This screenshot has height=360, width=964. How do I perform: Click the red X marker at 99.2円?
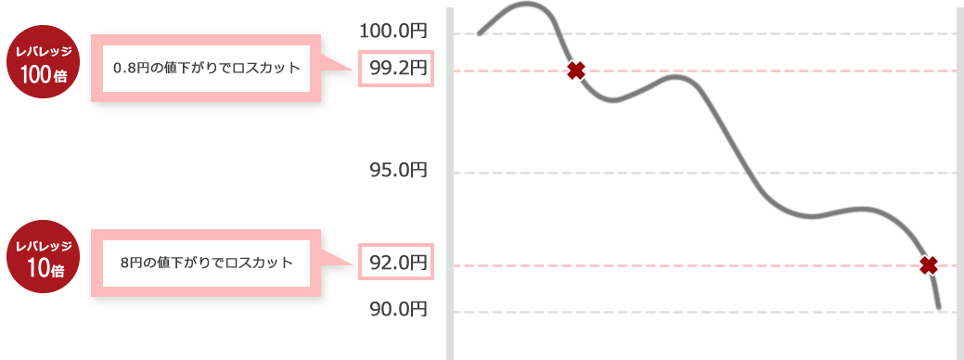click(576, 71)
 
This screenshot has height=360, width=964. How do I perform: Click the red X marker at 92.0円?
click(928, 265)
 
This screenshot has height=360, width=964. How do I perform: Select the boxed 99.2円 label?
click(397, 68)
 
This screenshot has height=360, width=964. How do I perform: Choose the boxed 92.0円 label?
click(397, 264)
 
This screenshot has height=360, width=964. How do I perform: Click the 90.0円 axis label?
click(397, 309)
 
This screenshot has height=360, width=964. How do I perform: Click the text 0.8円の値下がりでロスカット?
click(206, 69)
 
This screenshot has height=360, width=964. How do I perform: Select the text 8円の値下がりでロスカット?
click(206, 262)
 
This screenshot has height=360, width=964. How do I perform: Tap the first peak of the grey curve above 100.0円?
click(526, 6)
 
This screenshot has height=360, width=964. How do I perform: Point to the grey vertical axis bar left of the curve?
click(450, 186)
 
